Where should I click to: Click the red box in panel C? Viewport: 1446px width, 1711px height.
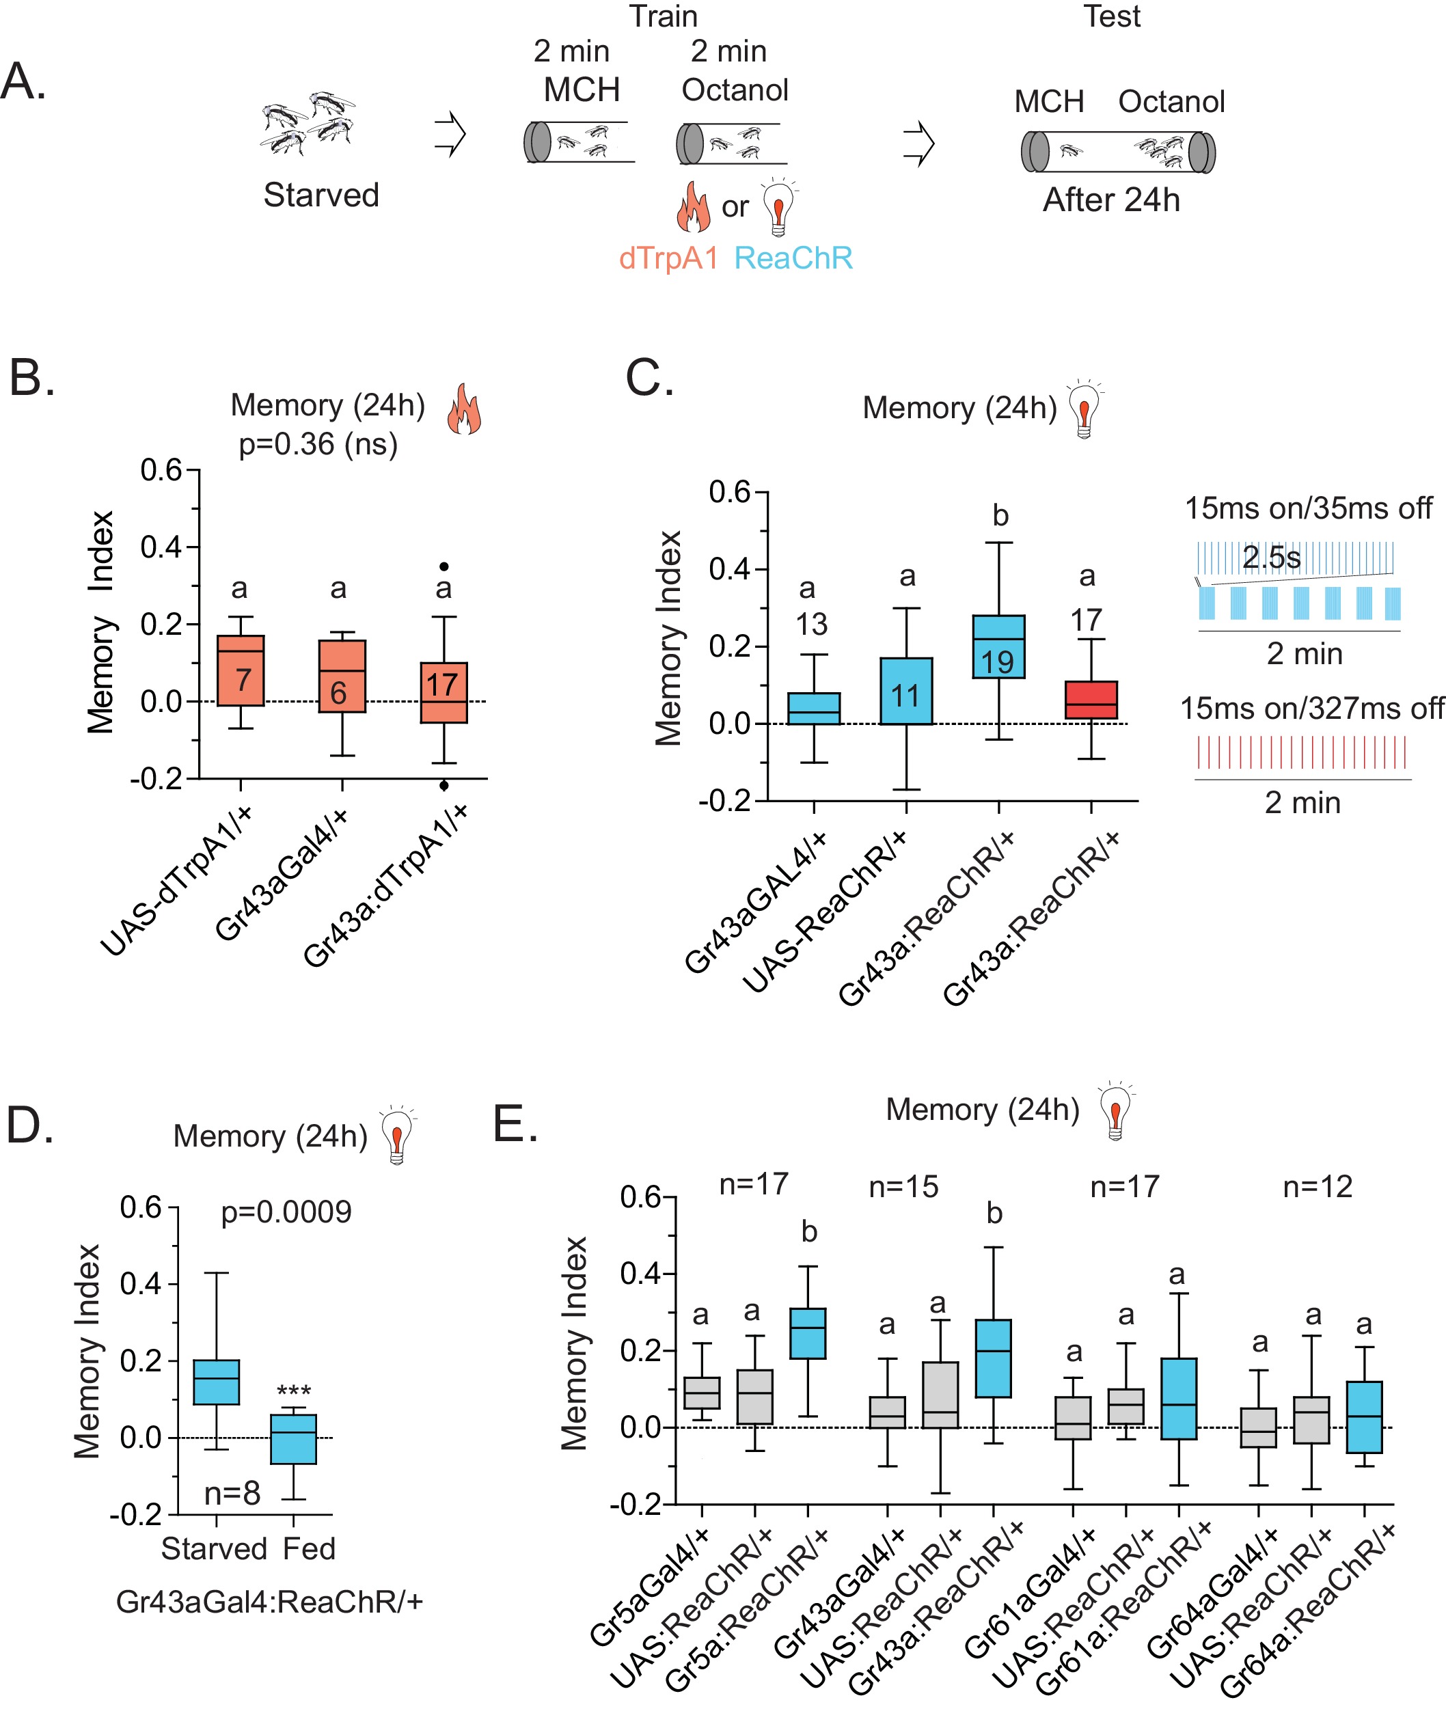click(x=1091, y=700)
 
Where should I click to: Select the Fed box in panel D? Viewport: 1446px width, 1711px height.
click(x=293, y=1439)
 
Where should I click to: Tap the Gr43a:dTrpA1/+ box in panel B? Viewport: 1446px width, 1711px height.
click(x=444, y=692)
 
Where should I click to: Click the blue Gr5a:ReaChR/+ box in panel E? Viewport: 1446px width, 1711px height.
click(x=808, y=1333)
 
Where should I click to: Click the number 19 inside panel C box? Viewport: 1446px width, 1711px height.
click(x=998, y=662)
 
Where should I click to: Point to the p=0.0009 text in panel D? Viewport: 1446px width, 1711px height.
click(x=286, y=1212)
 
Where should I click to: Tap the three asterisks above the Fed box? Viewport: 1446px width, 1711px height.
click(x=293, y=1391)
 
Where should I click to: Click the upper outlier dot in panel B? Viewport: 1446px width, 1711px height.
click(x=444, y=566)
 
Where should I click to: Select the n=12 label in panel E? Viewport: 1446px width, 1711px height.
click(x=1318, y=1186)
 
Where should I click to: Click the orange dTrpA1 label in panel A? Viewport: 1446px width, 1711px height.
click(x=668, y=258)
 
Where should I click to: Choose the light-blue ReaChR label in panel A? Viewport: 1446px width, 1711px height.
click(x=793, y=258)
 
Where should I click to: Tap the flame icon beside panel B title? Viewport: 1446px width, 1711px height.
click(x=464, y=409)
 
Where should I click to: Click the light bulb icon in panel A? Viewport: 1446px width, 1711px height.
click(x=780, y=206)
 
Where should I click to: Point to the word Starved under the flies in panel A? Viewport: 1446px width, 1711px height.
click(x=320, y=195)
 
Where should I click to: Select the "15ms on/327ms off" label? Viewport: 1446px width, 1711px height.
click(x=1310, y=708)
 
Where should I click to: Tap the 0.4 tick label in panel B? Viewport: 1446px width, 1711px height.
click(x=161, y=547)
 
